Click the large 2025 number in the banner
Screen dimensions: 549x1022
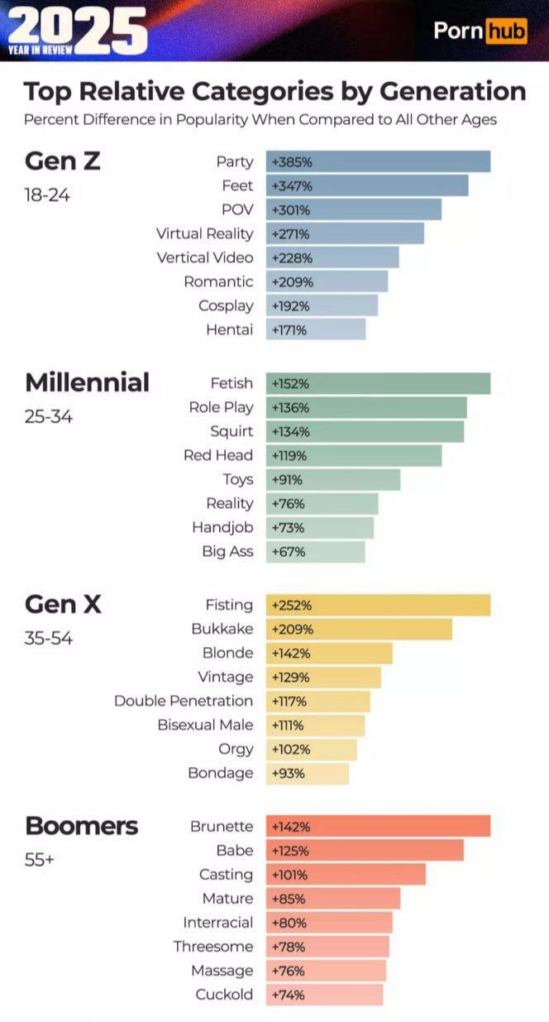(78, 31)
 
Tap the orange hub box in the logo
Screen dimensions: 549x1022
(507, 31)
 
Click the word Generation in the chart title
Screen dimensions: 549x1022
(453, 91)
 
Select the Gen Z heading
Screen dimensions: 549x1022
(63, 161)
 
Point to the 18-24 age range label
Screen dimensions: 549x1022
(47, 195)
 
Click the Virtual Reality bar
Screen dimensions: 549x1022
(345, 233)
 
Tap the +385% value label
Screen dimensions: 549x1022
(292, 162)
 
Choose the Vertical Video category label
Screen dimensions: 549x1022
(205, 258)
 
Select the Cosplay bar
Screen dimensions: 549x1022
(322, 305)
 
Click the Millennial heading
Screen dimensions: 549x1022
(87, 382)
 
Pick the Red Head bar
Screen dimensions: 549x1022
(354, 455)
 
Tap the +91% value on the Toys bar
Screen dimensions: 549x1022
(287, 480)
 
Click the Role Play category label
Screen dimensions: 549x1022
(221, 407)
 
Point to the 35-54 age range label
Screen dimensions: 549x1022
(48, 638)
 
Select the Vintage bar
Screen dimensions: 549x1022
(324, 677)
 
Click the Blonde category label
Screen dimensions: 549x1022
(228, 653)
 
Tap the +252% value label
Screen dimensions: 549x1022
(292, 606)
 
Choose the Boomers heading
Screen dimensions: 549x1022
(82, 826)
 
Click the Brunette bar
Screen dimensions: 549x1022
(379, 826)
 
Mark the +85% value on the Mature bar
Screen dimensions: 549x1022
(289, 899)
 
